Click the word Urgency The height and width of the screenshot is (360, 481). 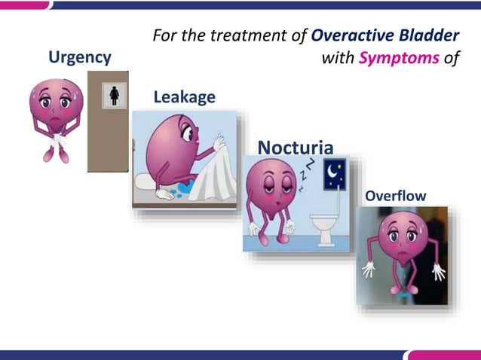[x=79, y=57]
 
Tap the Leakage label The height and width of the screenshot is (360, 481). [x=184, y=97]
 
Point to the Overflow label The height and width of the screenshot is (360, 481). [x=395, y=197]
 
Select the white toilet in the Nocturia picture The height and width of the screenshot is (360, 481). [x=325, y=226]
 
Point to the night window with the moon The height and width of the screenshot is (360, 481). [x=334, y=175]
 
